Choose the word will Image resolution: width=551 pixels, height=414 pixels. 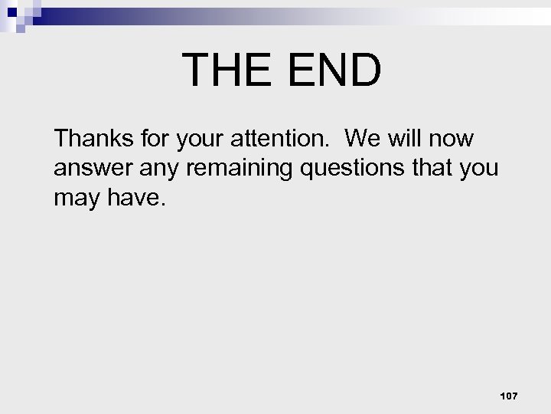(x=403, y=139)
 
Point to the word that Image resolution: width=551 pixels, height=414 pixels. (x=435, y=168)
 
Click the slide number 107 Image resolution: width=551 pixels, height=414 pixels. (x=508, y=396)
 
